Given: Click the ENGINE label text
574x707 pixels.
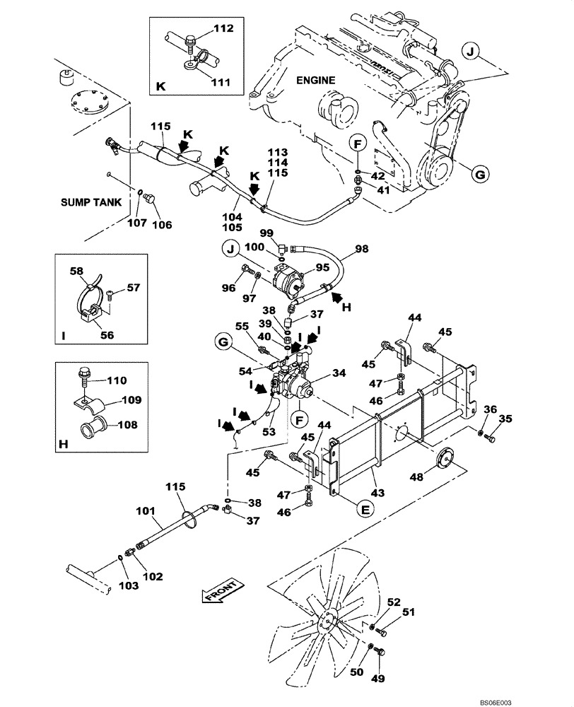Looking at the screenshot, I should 315,81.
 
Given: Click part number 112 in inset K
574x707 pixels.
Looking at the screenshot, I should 223,29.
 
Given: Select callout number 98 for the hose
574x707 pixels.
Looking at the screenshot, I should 362,249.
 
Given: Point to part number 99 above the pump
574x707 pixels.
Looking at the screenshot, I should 266,233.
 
